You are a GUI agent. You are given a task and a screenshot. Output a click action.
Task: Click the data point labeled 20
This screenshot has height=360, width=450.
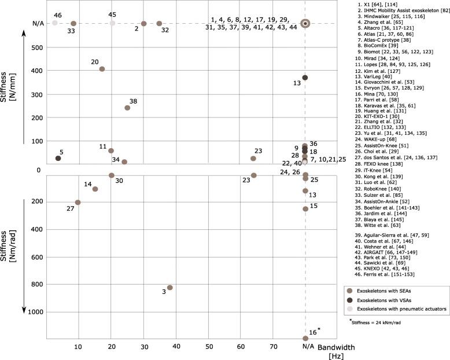pos(102,69)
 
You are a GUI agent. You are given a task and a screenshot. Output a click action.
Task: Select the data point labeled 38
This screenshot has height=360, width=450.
pos(127,108)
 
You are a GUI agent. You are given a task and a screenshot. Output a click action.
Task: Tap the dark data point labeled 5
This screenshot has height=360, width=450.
pos(58,158)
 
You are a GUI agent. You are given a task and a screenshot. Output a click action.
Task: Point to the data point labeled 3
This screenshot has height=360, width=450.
pos(170,288)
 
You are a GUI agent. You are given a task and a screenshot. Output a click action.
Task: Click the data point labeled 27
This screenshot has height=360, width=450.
pos(78,202)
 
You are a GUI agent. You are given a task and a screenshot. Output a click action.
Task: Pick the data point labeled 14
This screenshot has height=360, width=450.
pos(95,189)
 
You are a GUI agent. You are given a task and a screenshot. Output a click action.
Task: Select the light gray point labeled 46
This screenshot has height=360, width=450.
pos(54,23)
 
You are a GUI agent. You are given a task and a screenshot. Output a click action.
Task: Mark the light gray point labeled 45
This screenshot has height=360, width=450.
pos(112,23)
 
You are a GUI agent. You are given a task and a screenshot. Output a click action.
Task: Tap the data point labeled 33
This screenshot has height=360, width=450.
pos(73,24)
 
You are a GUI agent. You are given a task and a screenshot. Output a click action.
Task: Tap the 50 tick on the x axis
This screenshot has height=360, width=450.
pos(209,347)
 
